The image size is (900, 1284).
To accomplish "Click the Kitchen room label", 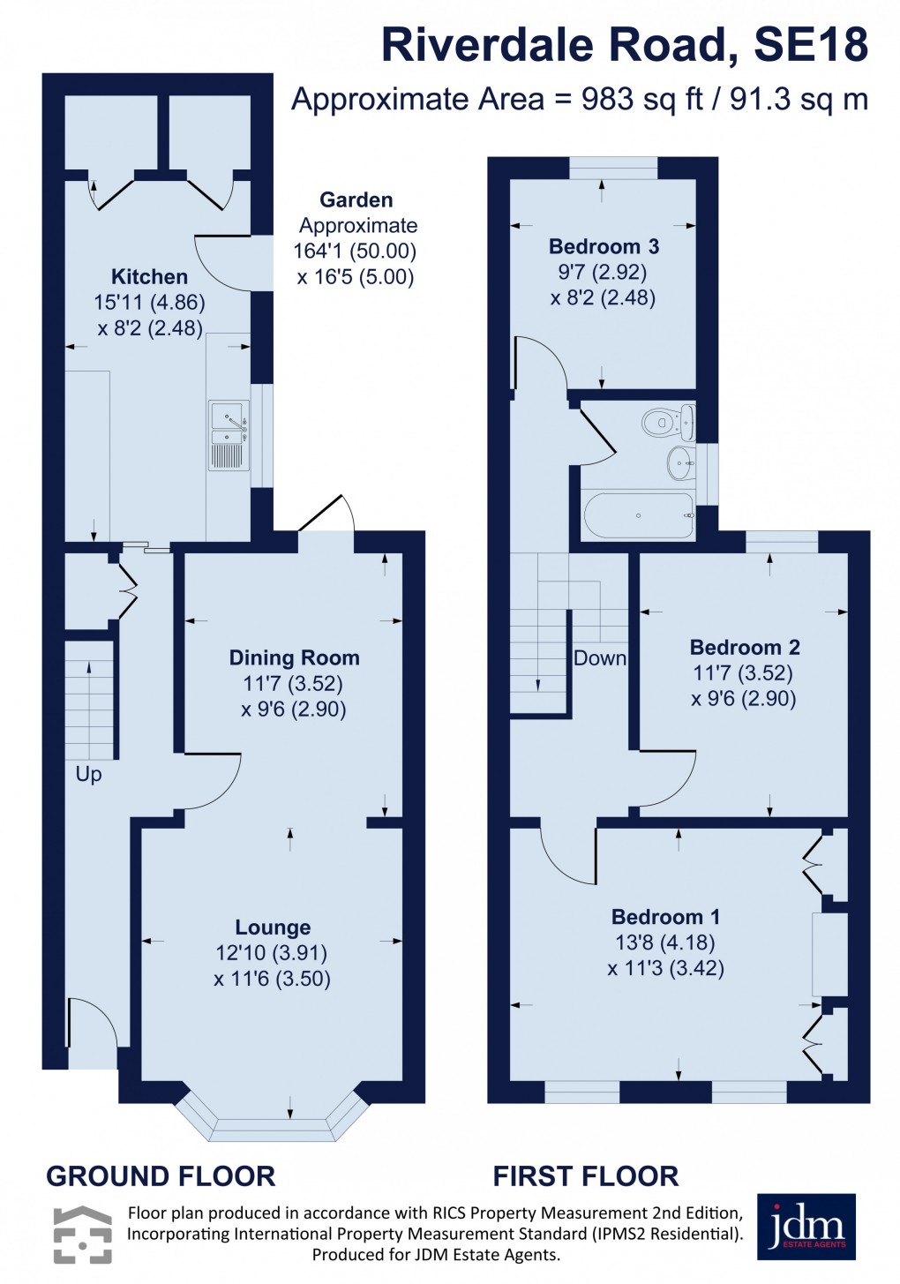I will (149, 276).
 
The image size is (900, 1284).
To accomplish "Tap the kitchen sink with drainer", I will (229, 434).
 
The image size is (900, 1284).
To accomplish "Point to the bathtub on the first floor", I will (638, 515).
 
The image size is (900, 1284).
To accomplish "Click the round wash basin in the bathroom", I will (679, 462).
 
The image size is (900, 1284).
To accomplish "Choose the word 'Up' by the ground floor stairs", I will (88, 774).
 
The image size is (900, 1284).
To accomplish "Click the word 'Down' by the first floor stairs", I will (600, 657).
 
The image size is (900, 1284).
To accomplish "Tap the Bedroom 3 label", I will (604, 246).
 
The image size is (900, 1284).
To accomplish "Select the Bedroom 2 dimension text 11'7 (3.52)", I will (743, 673).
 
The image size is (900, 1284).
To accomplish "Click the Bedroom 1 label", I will (665, 917).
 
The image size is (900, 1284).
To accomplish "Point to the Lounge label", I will (273, 927).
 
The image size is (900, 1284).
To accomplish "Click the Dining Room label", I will (294, 657).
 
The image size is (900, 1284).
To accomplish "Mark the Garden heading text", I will (356, 200).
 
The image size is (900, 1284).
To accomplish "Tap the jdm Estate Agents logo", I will (806, 1228).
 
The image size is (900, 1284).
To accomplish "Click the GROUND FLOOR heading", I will (161, 1176).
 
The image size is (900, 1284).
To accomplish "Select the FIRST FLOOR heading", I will (586, 1176).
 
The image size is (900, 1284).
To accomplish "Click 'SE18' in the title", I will (811, 45).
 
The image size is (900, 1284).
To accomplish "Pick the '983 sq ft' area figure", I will (641, 99).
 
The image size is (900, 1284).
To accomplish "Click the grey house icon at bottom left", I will (82, 1234).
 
